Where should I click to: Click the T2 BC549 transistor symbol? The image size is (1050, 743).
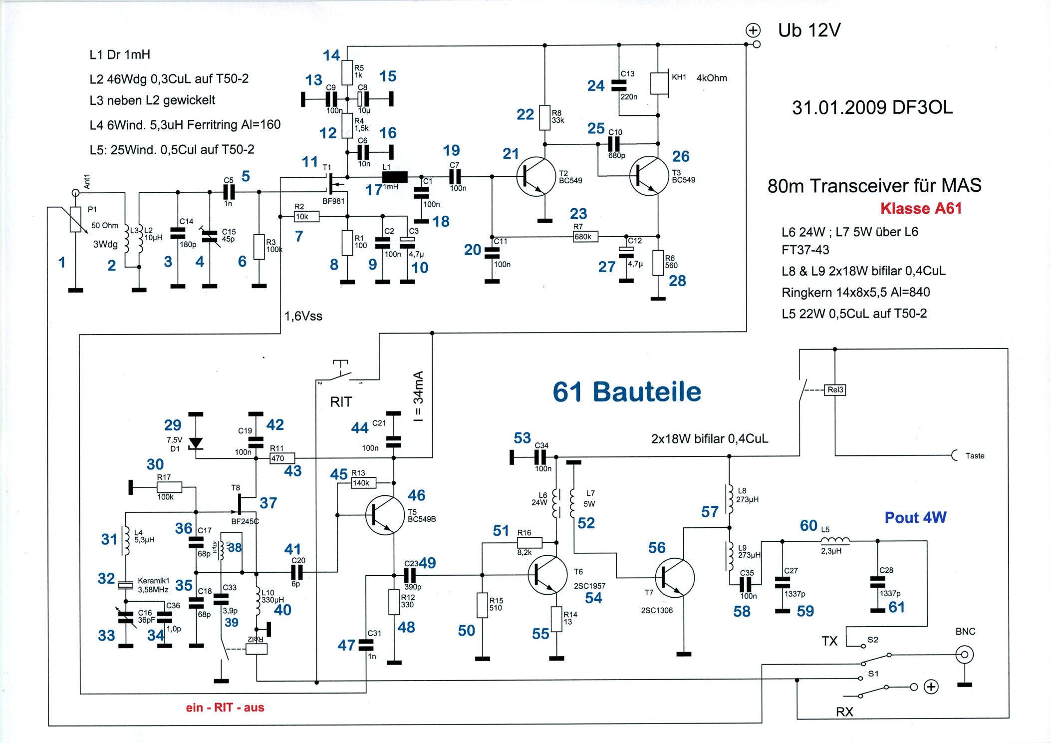pos(536,177)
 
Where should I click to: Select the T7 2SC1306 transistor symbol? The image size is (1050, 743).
pos(674,578)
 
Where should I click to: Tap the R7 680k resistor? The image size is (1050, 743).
pos(585,236)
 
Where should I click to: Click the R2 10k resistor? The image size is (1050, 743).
pos(306,216)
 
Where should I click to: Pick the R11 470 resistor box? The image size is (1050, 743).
pos(282,458)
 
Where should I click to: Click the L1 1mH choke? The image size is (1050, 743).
pos(395,177)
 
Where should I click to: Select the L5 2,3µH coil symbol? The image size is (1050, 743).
pos(835,540)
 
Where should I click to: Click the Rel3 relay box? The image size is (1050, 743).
pos(835,389)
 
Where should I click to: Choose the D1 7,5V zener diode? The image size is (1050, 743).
pos(196,442)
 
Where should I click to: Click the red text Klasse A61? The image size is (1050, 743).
pos(921,208)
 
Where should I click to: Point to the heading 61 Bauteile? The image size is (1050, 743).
pos(627,392)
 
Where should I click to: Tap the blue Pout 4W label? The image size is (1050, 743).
pos(915,517)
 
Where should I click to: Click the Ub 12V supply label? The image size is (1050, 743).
pos(809,30)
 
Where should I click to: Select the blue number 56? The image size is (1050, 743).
pos(657,548)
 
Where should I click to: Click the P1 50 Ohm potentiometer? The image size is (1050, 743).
pos(75,220)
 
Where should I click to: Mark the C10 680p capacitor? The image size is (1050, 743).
pos(614,144)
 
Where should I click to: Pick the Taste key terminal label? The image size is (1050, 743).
pos(975,456)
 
